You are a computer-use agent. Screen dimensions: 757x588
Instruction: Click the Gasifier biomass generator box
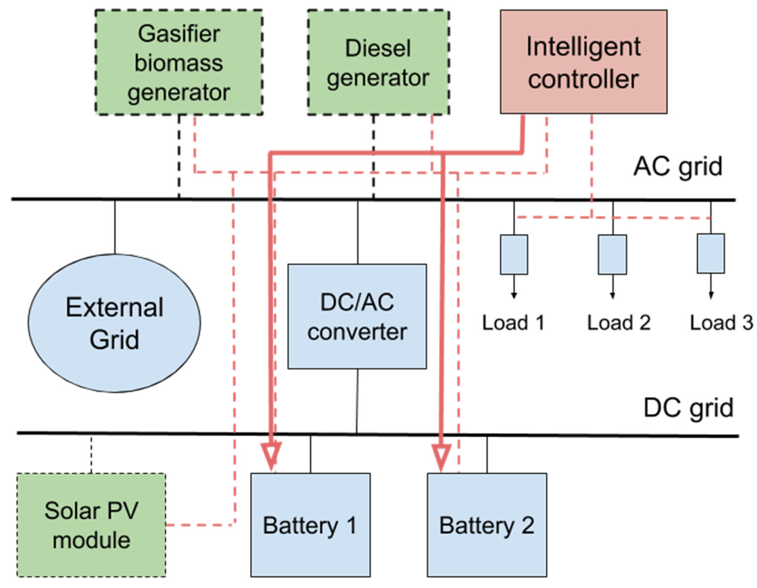tap(179, 62)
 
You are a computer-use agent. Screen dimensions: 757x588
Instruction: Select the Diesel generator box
tap(378, 63)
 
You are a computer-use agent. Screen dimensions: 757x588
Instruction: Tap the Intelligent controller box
tap(584, 62)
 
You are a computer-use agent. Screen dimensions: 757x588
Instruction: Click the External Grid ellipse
tap(114, 323)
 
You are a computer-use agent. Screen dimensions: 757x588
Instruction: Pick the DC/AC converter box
tap(357, 316)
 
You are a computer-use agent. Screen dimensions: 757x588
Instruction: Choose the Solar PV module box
tap(91, 525)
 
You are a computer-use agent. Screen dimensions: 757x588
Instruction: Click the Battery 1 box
tap(311, 525)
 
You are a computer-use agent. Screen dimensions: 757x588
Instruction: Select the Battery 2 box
tap(487, 525)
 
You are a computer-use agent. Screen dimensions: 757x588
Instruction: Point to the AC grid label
tap(678, 167)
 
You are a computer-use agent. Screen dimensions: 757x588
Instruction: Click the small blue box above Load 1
tap(514, 255)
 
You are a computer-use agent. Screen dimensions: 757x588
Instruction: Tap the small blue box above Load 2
tap(613, 255)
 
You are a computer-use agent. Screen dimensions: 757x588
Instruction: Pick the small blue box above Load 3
tap(711, 254)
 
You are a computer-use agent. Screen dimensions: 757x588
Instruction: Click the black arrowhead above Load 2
tap(613, 296)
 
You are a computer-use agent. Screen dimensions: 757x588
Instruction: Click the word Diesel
tap(378, 48)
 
